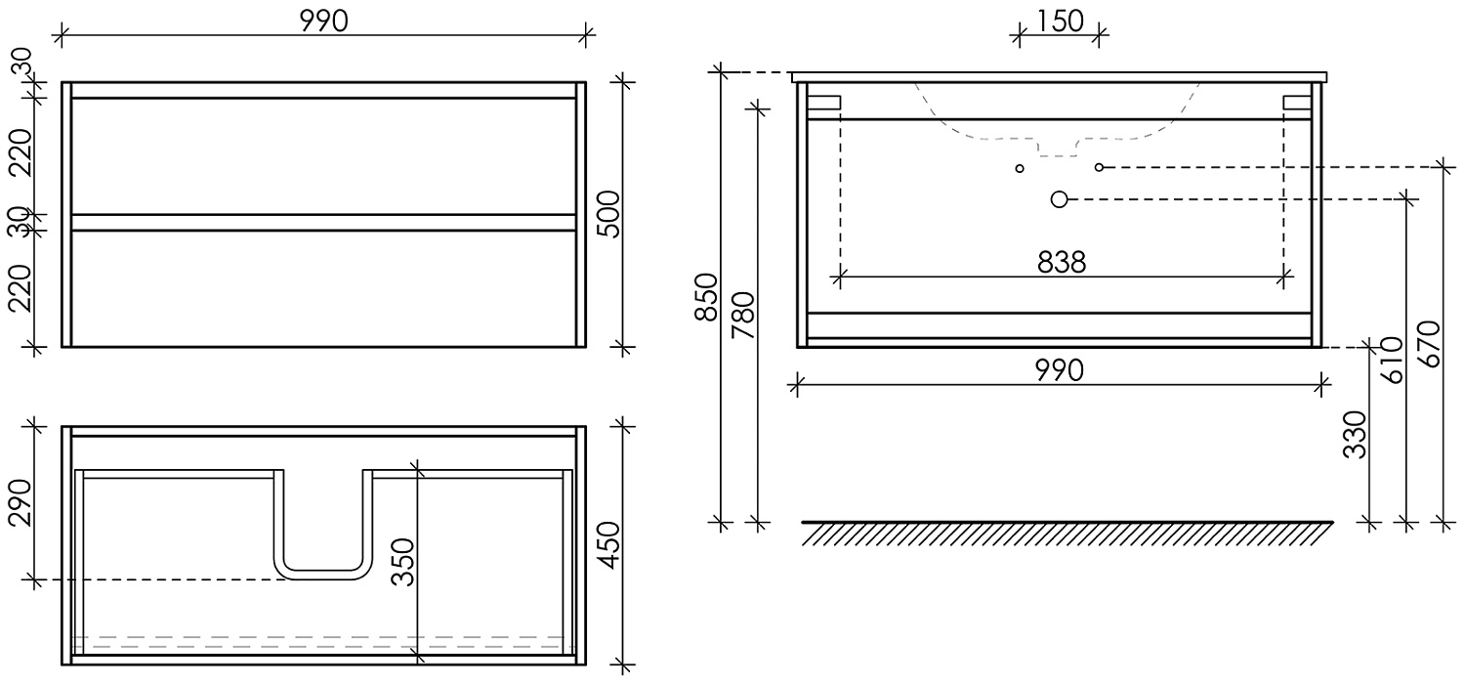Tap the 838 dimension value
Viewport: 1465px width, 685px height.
[x=1062, y=263]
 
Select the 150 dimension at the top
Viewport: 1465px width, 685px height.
[x=1060, y=21]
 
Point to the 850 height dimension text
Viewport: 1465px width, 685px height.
[x=706, y=297]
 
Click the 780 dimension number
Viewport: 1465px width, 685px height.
[x=744, y=315]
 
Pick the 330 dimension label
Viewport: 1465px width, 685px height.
[x=1355, y=434]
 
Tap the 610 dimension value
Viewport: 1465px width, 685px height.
[x=1391, y=360]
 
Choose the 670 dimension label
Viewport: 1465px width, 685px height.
[x=1428, y=343]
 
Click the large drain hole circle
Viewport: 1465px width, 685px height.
[x=1060, y=199]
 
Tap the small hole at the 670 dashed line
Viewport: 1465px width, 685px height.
[x=1099, y=167]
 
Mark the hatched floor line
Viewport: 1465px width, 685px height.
[x=1067, y=533]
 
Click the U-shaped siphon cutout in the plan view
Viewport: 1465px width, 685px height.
[x=324, y=528]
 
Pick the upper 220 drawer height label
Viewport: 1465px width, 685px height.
[x=22, y=154]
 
